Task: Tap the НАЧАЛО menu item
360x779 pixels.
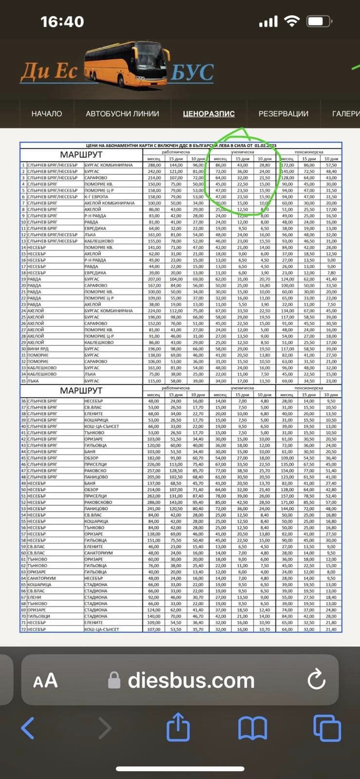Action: [47, 113]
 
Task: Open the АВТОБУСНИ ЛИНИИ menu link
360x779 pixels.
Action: [122, 113]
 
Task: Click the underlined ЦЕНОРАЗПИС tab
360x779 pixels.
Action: [208, 113]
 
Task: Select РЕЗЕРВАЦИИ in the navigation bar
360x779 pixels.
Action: [283, 113]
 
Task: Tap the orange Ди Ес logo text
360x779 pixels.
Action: [49, 72]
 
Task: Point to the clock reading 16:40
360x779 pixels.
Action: [62, 21]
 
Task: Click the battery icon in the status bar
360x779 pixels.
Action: [320, 21]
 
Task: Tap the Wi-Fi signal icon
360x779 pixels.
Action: [292, 21]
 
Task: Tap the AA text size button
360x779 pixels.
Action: [45, 680]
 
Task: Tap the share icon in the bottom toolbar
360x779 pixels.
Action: [178, 727]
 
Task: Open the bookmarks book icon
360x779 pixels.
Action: [252, 728]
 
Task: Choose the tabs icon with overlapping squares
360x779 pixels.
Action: [327, 728]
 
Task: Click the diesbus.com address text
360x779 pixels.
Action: [191, 680]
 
